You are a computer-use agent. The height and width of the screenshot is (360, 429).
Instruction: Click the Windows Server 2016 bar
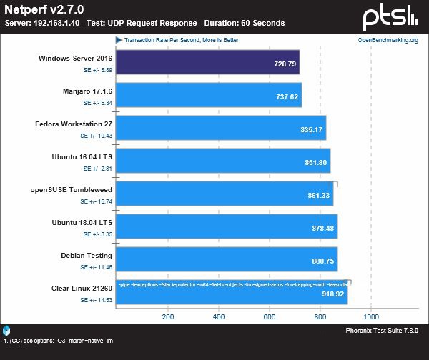point(207,63)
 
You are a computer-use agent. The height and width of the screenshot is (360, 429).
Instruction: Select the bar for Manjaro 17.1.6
point(208,95)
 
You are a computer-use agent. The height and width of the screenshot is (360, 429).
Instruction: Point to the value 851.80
point(315,163)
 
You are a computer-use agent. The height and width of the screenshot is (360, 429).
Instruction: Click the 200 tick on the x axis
point(169,316)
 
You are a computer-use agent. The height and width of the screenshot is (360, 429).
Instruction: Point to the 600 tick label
point(270,316)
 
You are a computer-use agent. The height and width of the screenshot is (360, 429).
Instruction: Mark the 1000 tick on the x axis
point(370,316)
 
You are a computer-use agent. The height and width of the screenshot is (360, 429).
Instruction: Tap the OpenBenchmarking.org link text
point(387,40)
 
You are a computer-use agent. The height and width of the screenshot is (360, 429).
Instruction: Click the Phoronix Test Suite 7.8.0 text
point(382,331)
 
